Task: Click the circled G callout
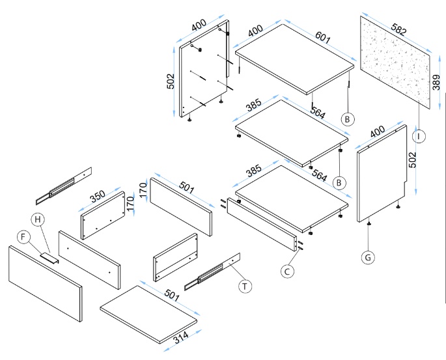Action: tap(369, 257)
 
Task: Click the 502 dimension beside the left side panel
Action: tap(171, 82)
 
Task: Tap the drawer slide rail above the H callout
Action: tap(64, 185)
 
